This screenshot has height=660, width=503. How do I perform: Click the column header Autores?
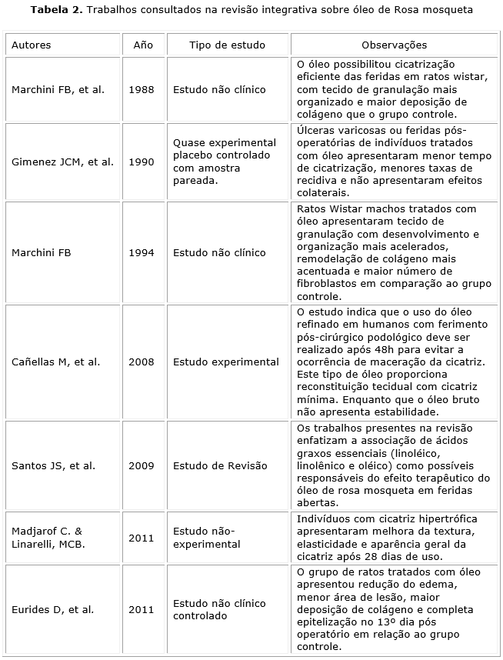click(32, 45)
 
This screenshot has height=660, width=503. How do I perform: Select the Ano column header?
click(143, 45)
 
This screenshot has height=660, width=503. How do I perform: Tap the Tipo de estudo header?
click(222, 45)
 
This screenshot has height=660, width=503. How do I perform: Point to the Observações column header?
click(394, 45)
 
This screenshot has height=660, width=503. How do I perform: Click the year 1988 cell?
click(142, 89)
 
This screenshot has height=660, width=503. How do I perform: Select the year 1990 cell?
click(142, 162)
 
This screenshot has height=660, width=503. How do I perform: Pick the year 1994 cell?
click(142, 252)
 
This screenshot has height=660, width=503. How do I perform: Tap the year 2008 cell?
click(142, 362)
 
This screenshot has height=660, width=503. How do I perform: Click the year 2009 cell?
click(142, 465)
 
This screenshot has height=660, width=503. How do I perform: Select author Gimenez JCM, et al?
click(62, 162)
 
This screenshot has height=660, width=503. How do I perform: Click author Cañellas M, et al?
click(55, 362)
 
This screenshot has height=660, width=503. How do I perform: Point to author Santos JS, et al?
click(53, 465)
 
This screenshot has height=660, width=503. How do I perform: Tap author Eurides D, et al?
click(52, 609)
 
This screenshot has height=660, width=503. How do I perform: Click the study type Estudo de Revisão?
click(220, 465)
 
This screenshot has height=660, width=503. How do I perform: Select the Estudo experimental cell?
click(226, 362)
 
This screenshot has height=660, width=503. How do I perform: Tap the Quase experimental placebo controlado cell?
click(224, 162)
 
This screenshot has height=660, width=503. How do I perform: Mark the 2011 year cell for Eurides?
click(142, 609)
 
